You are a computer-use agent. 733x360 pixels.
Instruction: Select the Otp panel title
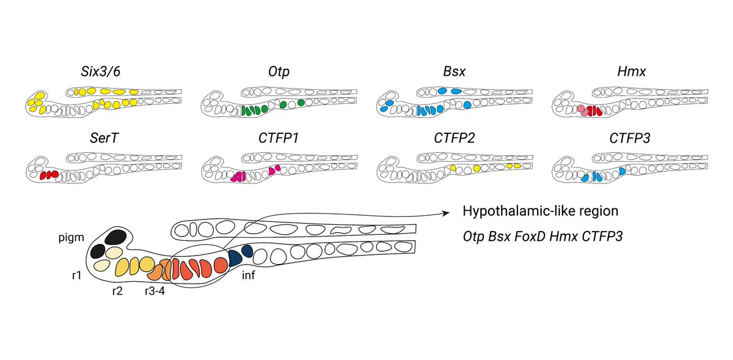click(279, 72)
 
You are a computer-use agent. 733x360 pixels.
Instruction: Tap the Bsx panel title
click(454, 71)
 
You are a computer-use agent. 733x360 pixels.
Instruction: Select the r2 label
click(117, 291)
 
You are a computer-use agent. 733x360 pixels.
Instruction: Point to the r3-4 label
click(153, 292)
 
